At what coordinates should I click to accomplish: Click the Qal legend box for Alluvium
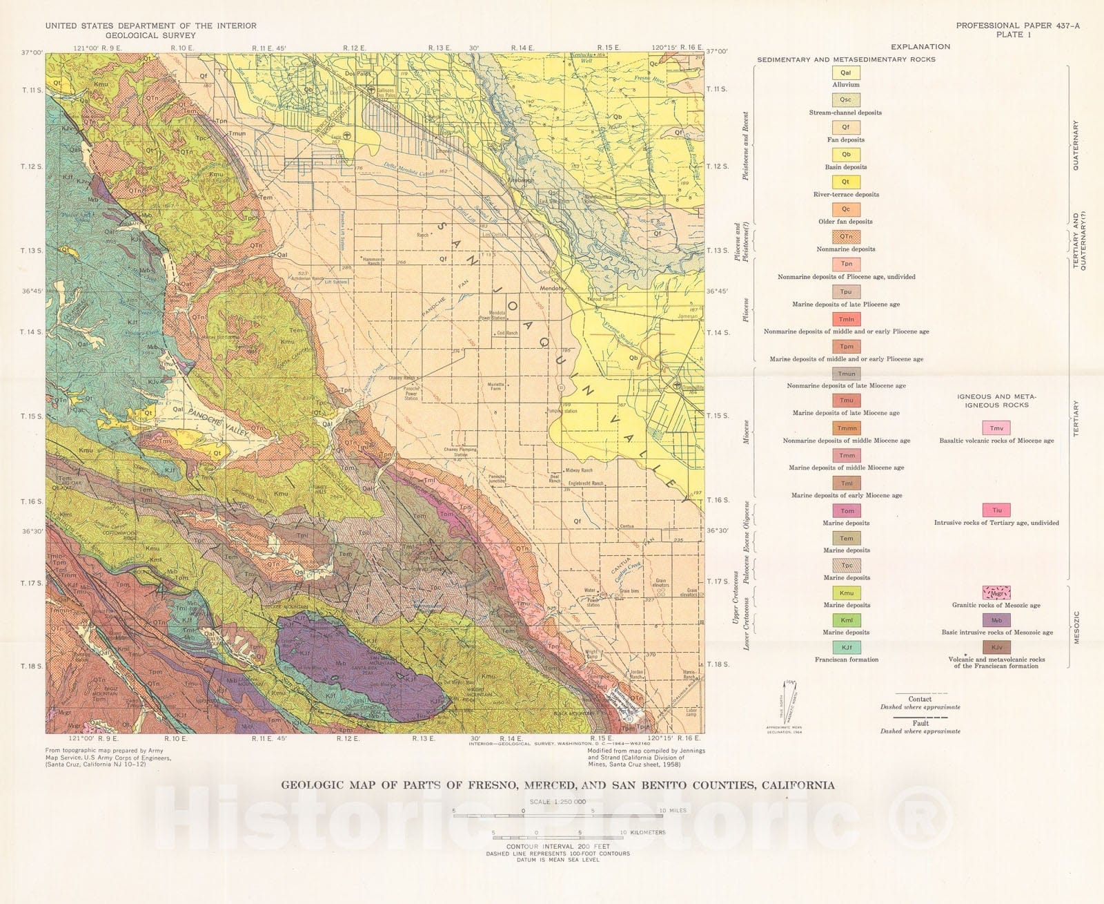pos(845,73)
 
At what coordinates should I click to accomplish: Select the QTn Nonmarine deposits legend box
pos(846,237)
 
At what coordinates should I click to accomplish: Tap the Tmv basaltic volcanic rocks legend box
pos(996,428)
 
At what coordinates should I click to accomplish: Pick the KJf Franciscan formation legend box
pos(846,648)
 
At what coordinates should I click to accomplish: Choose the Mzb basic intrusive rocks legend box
pos(996,620)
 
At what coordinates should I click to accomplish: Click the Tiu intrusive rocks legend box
pos(996,510)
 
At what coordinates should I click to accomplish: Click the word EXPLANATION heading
pos(920,47)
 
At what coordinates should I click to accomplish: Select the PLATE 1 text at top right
pos(1014,35)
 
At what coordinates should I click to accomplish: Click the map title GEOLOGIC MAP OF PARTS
pos(557,785)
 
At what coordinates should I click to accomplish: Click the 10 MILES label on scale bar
pos(672,810)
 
